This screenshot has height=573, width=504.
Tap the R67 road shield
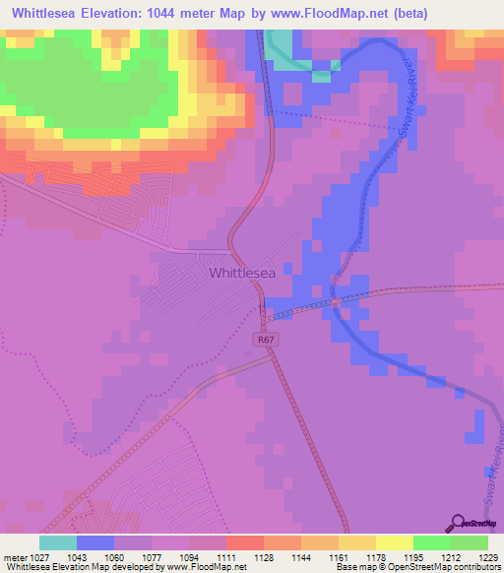click(263, 340)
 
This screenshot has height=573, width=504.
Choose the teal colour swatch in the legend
click(58, 542)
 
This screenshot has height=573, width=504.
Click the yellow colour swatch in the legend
click(394, 542)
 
